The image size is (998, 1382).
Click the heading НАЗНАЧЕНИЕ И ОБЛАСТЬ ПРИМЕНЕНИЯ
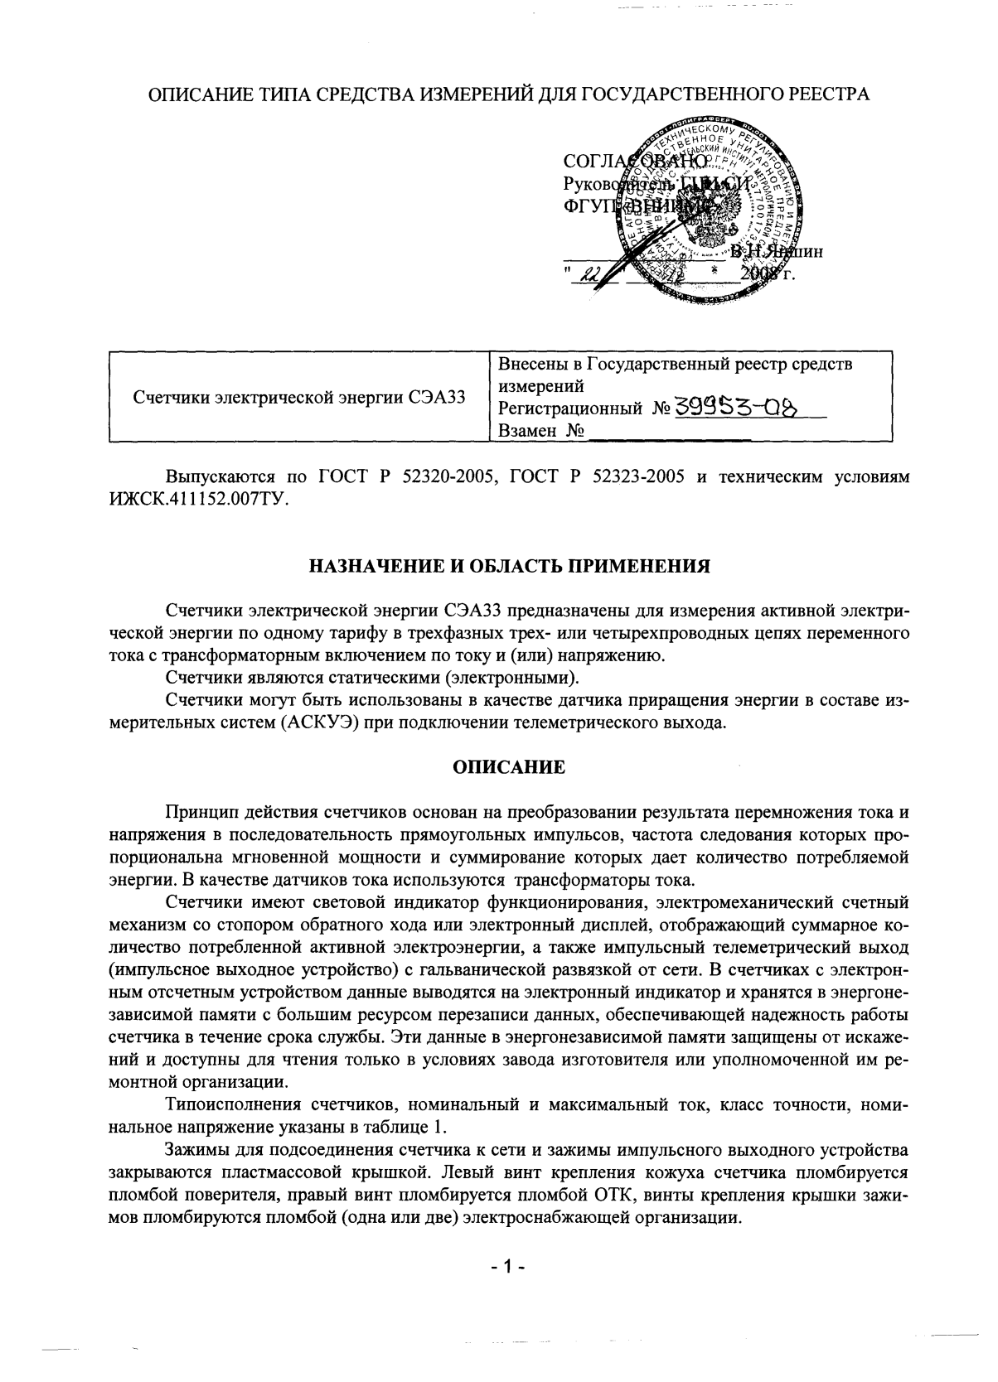[x=509, y=568]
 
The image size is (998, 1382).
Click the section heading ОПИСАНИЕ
[x=509, y=767]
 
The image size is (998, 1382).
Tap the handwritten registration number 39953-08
[x=740, y=408]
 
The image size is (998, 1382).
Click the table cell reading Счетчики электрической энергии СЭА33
[x=298, y=398]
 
